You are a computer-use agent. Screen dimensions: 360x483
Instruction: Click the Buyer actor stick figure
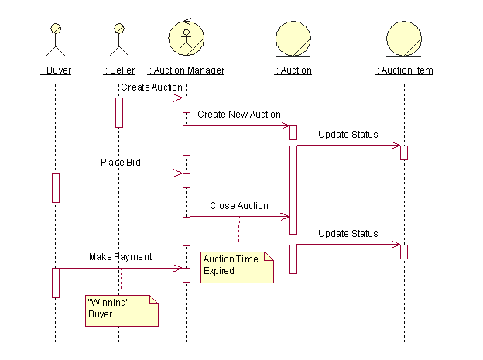[x=56, y=39]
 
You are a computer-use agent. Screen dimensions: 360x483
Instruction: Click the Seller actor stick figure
[x=118, y=39]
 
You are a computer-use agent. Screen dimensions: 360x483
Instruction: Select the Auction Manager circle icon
[x=186, y=37]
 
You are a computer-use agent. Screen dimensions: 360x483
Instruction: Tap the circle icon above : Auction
[x=293, y=39]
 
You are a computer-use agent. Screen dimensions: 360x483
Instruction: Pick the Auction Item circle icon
[x=404, y=39]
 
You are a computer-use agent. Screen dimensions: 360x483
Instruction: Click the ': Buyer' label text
[x=56, y=70]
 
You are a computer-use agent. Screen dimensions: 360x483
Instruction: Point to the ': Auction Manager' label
[x=186, y=70]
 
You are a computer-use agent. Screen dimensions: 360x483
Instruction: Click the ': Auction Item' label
[x=404, y=70]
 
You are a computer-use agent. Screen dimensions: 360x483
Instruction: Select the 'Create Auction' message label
[x=152, y=87]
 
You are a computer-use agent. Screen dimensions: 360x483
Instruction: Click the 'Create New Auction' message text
[x=238, y=115]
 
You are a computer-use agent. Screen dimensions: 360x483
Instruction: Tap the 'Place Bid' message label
[x=120, y=163]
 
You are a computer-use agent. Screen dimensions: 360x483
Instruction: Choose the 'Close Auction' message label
[x=239, y=206]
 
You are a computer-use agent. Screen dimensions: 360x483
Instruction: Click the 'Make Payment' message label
[x=120, y=256]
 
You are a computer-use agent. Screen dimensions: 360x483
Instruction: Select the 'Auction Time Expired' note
[x=237, y=266]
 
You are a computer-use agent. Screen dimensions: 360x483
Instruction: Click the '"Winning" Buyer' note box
[x=121, y=309]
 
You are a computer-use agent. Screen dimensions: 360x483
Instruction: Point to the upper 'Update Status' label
[x=348, y=135]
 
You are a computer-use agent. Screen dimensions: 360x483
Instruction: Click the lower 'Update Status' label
[x=348, y=234]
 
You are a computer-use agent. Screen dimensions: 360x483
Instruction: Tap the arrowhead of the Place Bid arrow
[x=179, y=173]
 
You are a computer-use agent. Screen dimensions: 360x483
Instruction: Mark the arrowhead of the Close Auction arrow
[x=286, y=217]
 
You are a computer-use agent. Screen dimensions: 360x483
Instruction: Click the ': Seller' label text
[x=119, y=70]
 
